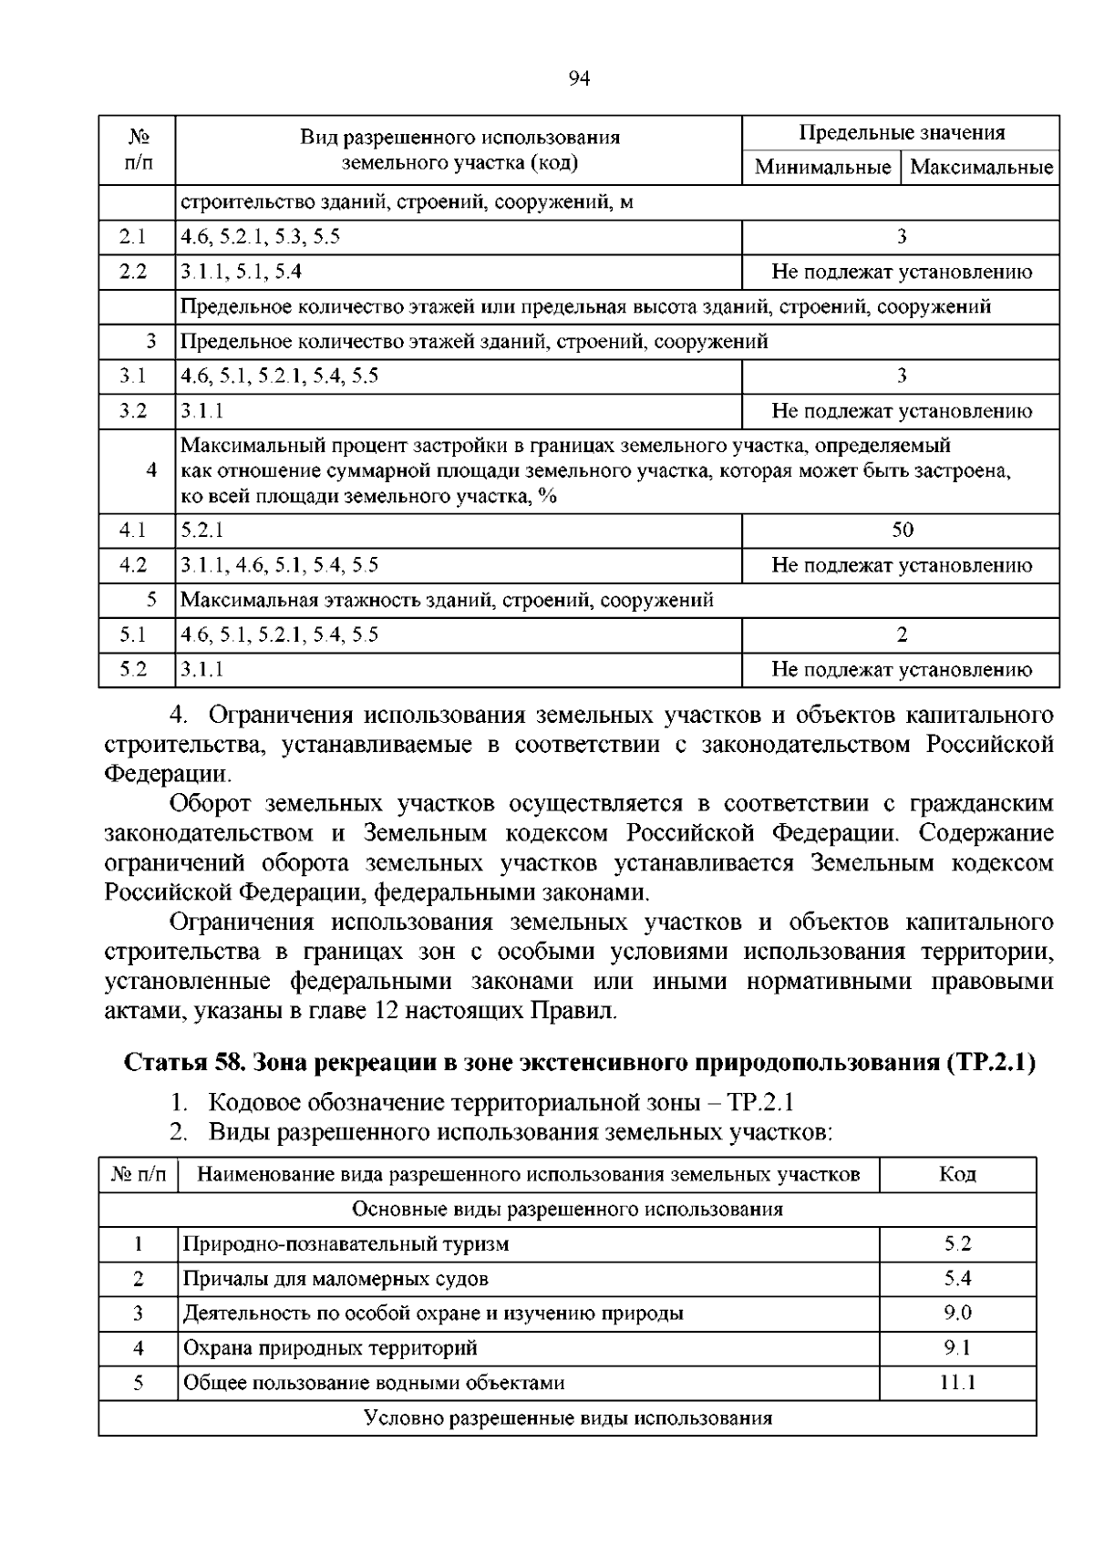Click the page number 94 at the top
pyautogui.click(x=579, y=79)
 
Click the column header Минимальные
pyautogui.click(x=822, y=168)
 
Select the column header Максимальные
pyautogui.click(x=981, y=168)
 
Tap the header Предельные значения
pyautogui.click(x=902, y=133)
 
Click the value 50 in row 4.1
pyautogui.click(x=902, y=531)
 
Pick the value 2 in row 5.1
pyautogui.click(x=902, y=634)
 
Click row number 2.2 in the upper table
pyautogui.click(x=133, y=272)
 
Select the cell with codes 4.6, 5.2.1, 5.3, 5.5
pyautogui.click(x=261, y=237)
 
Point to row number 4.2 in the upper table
pyautogui.click(x=133, y=565)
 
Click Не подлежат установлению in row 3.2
pyautogui.click(x=902, y=411)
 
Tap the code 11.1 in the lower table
pyautogui.click(x=957, y=1383)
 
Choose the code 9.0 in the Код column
pyautogui.click(x=957, y=1314)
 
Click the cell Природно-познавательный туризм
pyautogui.click(x=346, y=1244)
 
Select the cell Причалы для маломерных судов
pyautogui.click(x=335, y=1279)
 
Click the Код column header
pyautogui.click(x=957, y=1174)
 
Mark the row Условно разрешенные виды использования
pyautogui.click(x=567, y=1418)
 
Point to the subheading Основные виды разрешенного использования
pyautogui.click(x=567, y=1210)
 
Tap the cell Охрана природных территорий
pyautogui.click(x=330, y=1348)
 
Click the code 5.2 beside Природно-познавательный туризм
pyautogui.click(x=957, y=1244)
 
